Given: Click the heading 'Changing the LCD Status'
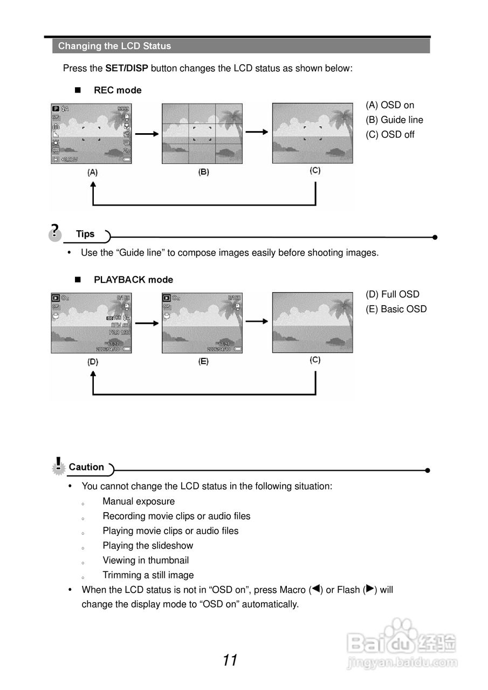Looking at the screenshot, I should click(x=114, y=46).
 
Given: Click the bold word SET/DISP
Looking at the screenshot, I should click(x=126, y=68).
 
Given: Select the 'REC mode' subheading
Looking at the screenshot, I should click(x=118, y=90).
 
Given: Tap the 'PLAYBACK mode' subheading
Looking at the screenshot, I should click(x=133, y=280).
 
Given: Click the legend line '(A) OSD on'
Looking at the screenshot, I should click(x=390, y=105).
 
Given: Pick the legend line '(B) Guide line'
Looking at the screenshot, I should click(x=394, y=120).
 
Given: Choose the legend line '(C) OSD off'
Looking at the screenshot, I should click(x=390, y=135).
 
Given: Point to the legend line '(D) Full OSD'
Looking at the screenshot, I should click(x=392, y=294).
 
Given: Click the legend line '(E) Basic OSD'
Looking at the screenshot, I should click(x=396, y=309).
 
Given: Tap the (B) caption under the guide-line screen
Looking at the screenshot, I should click(x=203, y=172).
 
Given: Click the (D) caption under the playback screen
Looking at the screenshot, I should click(x=93, y=362).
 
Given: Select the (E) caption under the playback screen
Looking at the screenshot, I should click(x=203, y=362).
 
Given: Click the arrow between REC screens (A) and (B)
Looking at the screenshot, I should click(x=147, y=134).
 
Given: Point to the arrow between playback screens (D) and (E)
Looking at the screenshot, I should click(x=147, y=323).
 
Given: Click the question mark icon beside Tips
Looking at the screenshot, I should click(x=54, y=231).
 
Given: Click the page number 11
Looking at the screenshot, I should click(x=230, y=660).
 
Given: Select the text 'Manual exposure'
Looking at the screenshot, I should click(x=139, y=501).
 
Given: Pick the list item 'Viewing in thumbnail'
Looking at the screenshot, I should click(x=146, y=561).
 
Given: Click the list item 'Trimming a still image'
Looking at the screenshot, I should click(x=148, y=575).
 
